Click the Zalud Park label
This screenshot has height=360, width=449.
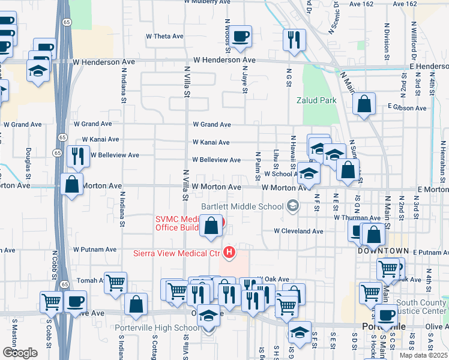click(x=316, y=100)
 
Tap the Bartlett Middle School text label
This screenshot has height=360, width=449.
click(x=242, y=206)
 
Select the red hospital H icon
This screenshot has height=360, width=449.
click(x=228, y=253)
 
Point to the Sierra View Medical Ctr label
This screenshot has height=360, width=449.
click(x=176, y=253)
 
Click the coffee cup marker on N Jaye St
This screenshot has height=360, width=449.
click(x=241, y=37)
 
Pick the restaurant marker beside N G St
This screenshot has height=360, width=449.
click(x=294, y=40)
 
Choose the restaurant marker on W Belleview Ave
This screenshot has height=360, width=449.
click(x=78, y=157)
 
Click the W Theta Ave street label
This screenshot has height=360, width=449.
click(x=164, y=36)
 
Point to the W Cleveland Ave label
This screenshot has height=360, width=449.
click(x=299, y=230)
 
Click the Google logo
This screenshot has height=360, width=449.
click(x=19, y=352)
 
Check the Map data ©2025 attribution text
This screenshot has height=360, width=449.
click(x=423, y=355)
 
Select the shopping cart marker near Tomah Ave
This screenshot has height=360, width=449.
click(x=115, y=283)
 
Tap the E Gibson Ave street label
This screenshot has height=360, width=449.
click(x=407, y=108)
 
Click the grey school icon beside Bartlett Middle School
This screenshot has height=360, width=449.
click(x=292, y=206)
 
